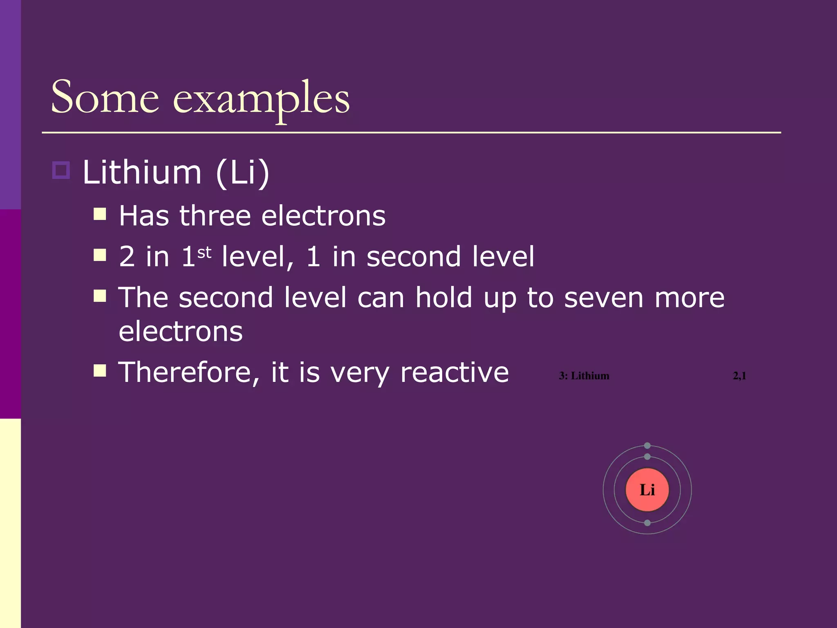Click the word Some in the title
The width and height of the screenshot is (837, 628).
click(x=105, y=98)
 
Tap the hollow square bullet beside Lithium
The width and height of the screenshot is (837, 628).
click(x=61, y=170)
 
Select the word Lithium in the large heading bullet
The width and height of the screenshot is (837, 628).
click(x=142, y=173)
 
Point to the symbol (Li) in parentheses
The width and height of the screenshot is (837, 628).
click(x=242, y=173)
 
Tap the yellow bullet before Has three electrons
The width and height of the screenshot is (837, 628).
click(x=100, y=214)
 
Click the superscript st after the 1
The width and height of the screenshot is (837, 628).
click(x=204, y=253)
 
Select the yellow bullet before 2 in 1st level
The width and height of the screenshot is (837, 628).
click(x=100, y=255)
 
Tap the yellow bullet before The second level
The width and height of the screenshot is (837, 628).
click(x=100, y=296)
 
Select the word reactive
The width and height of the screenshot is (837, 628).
click(x=454, y=372)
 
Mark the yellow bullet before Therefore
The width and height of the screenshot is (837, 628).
click(x=100, y=370)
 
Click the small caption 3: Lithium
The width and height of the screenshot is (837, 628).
click(x=584, y=376)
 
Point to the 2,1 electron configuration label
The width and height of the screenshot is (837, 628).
click(x=739, y=376)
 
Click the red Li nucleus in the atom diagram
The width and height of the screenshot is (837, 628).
click(x=647, y=490)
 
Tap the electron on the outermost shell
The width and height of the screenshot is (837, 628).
click(x=647, y=446)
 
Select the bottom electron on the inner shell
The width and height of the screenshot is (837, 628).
click(x=647, y=523)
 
